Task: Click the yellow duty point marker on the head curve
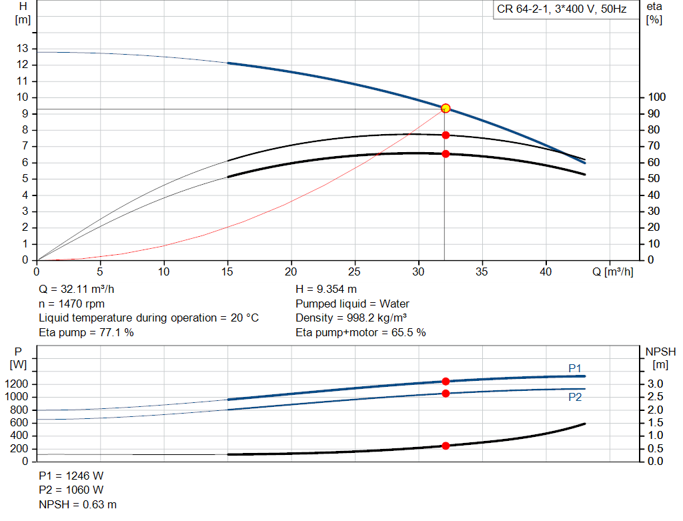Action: tap(445, 109)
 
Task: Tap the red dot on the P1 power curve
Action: tap(446, 382)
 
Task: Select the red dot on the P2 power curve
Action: tap(446, 394)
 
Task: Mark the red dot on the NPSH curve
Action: tap(446, 446)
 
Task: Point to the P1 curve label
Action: tap(575, 368)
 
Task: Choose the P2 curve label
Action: tap(575, 398)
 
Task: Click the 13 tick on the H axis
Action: tap(22, 48)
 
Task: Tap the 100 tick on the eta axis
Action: tap(656, 97)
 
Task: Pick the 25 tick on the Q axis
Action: tap(355, 272)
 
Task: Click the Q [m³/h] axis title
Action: tap(612, 272)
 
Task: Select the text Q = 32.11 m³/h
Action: tap(77, 290)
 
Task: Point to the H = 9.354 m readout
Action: tap(326, 290)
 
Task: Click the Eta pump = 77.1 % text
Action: tap(86, 333)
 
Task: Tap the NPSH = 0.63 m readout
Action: tap(78, 504)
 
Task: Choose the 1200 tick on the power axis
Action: tap(16, 384)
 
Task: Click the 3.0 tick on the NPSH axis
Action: tap(655, 384)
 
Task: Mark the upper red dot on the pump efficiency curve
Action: tap(446, 135)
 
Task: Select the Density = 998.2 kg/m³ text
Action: tap(352, 318)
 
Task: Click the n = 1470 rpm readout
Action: tap(72, 304)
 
